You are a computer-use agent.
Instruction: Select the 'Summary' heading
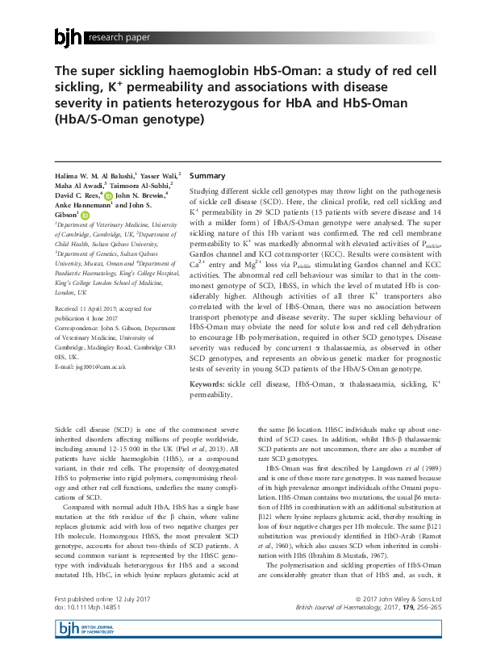207,175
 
